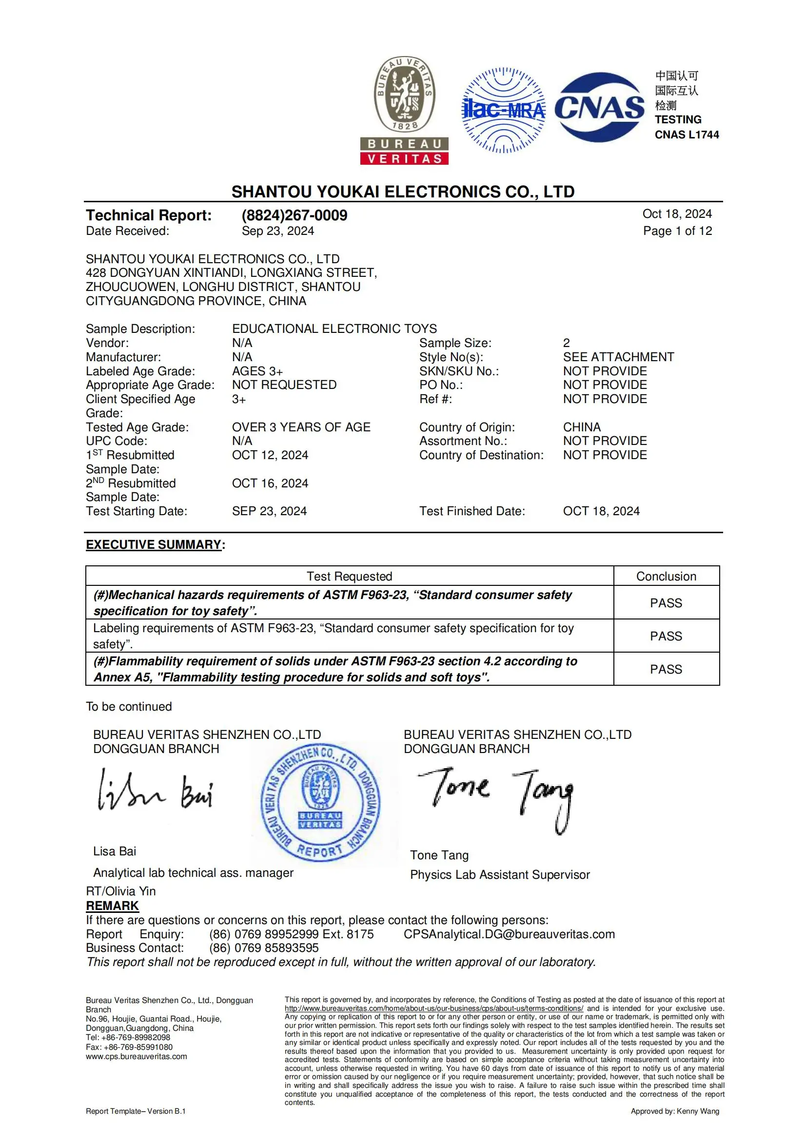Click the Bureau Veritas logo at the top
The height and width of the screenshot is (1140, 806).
404,110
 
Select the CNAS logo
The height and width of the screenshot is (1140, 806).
599,108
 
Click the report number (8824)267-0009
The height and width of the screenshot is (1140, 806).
295,215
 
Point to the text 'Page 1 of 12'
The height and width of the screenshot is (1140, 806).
677,231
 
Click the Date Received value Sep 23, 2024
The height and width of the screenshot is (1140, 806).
277,231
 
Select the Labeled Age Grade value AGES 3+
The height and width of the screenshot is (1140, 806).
257,371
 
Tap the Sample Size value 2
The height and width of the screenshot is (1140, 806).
566,343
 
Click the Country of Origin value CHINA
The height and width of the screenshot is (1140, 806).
582,427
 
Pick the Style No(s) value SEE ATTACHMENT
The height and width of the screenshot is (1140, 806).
618,357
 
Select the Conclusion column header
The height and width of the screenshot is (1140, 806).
666,576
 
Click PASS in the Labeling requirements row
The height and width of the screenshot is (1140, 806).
666,636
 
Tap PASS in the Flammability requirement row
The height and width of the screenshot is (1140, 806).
666,669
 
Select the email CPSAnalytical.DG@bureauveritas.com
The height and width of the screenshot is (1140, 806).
509,934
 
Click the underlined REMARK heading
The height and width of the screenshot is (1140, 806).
112,906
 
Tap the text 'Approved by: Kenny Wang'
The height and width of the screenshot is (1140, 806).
674,1111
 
